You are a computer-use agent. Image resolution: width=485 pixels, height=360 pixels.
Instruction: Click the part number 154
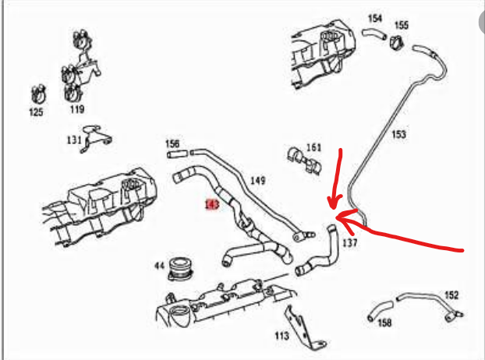(375, 19)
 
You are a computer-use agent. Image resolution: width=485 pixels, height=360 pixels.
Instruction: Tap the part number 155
(402, 25)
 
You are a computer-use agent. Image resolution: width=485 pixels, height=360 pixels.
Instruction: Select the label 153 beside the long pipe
(398, 134)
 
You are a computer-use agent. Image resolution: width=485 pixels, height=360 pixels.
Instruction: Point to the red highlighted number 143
(212, 204)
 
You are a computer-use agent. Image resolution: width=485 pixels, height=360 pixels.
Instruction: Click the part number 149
(257, 180)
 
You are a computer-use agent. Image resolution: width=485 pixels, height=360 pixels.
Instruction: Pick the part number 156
(172, 143)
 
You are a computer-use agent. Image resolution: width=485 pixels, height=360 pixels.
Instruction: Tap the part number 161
(313, 147)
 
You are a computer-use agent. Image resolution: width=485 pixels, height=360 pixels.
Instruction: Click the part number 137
(350, 243)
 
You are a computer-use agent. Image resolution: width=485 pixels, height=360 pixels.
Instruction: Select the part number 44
(159, 266)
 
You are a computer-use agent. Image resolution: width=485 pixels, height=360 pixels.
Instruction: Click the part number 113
(281, 335)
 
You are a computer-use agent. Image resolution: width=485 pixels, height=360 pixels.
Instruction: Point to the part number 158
(384, 323)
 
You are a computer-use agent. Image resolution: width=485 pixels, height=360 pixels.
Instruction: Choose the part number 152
(451, 295)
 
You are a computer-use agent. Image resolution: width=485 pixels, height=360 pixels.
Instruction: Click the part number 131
(74, 140)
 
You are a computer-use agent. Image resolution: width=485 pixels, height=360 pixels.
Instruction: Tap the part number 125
(36, 112)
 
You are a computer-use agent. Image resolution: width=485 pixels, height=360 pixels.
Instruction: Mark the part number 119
(77, 109)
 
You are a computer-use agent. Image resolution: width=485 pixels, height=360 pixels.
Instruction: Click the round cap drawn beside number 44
(181, 269)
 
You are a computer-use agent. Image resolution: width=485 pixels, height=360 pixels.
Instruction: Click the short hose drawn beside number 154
(374, 34)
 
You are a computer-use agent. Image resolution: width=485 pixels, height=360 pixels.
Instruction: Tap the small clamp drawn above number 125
(39, 94)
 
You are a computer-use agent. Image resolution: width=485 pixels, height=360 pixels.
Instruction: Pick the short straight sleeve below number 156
(178, 154)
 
